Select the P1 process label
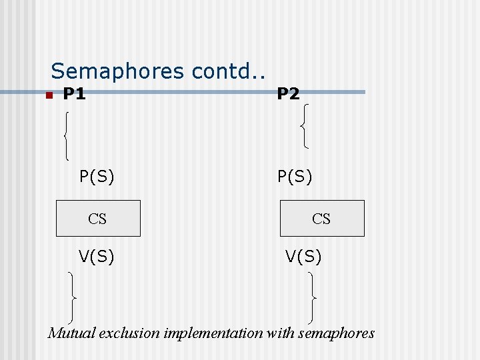[x=75, y=94]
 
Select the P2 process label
[x=288, y=94]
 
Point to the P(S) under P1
[x=97, y=177]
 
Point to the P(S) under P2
[x=295, y=177]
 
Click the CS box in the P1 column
[x=98, y=218]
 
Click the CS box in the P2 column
[x=322, y=218]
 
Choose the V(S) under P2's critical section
[x=303, y=256]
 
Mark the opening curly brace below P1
[x=67, y=135]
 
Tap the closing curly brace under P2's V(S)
[x=313, y=297]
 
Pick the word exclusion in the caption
[x=125, y=333]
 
